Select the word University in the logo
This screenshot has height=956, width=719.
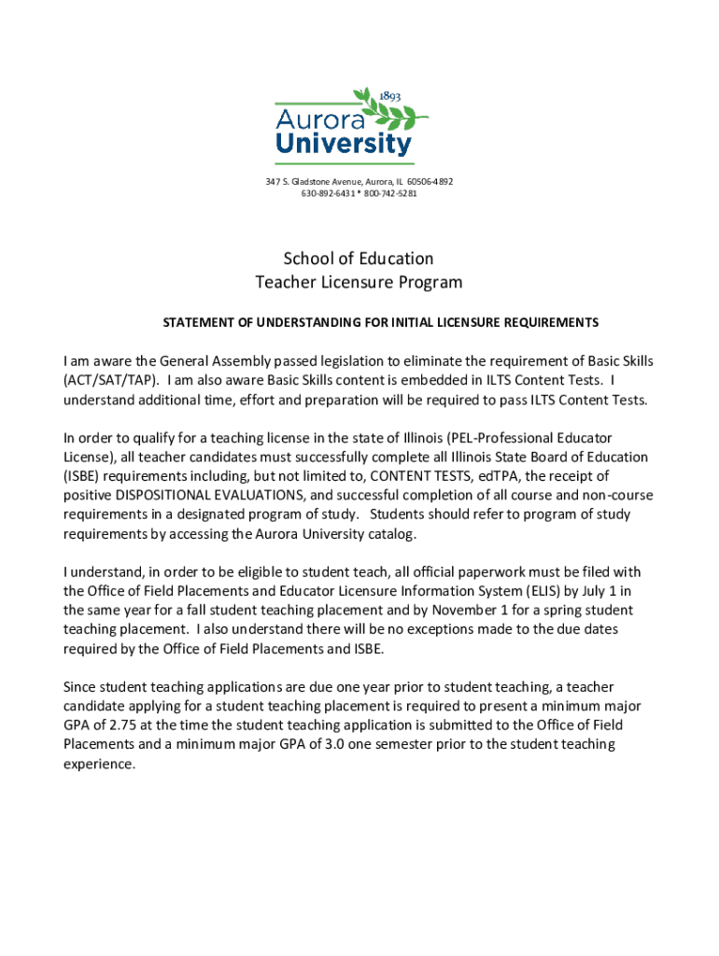click(x=343, y=144)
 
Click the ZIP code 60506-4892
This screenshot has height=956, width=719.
click(x=431, y=181)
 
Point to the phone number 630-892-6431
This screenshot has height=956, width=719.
click(x=327, y=193)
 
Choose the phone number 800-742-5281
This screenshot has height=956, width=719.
click(x=391, y=193)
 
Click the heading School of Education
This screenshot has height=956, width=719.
click(x=359, y=259)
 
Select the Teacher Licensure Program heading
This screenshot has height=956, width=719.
click(x=359, y=282)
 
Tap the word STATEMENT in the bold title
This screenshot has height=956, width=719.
click(x=197, y=323)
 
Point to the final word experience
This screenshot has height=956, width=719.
click(x=98, y=764)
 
